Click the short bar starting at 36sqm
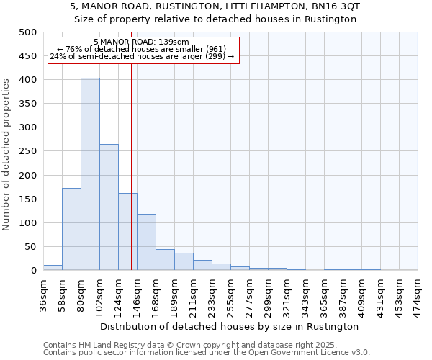53,267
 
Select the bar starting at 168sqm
165,260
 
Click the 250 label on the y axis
27,151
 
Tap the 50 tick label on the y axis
30,247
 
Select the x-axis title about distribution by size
230,326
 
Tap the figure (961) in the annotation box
216,49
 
